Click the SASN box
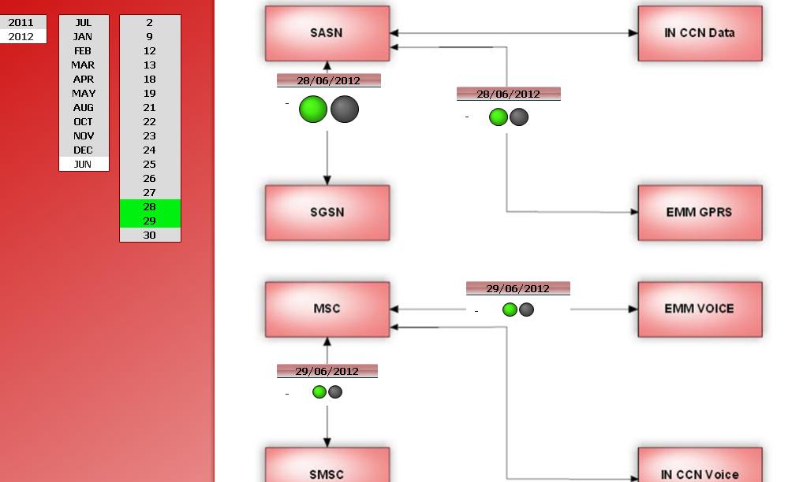[x=327, y=33]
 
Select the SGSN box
[x=327, y=213]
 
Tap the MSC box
[x=327, y=309]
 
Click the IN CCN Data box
[x=700, y=33]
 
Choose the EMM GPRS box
[x=700, y=213]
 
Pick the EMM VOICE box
[x=700, y=309]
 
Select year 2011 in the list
[x=21, y=22]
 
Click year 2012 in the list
[x=21, y=36]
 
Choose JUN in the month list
[x=83, y=164]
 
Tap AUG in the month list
[x=83, y=107]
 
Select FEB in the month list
[x=83, y=50]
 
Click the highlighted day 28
[x=150, y=206]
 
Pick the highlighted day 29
[x=150, y=221]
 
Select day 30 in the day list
[x=150, y=235]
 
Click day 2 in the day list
[x=150, y=22]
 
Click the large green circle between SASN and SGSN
[x=313, y=109]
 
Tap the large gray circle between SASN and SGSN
[x=345, y=109]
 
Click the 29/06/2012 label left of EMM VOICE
[x=517, y=288]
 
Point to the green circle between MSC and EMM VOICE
[x=510, y=310]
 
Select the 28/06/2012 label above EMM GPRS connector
[x=508, y=94]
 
